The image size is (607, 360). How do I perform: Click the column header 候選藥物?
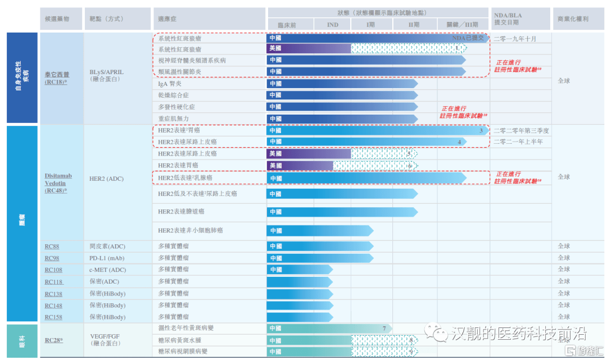tap(57, 19)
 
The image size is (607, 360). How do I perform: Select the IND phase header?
tap(333, 25)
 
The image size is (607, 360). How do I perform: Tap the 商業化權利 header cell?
tap(573, 19)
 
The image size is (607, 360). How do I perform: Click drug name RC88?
tap(52, 247)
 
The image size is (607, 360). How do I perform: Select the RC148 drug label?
tap(53, 306)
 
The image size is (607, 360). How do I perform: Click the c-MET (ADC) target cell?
tap(107, 270)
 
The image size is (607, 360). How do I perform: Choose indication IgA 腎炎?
tap(170, 84)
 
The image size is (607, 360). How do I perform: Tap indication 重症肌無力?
tap(174, 119)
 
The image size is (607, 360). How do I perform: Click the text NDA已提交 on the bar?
tap(468, 38)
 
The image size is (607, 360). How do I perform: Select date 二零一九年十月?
tap(515, 39)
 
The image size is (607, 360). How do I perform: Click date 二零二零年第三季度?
tap(521, 130)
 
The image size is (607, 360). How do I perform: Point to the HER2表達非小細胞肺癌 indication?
tap(191, 230)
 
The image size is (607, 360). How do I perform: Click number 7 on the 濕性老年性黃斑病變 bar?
tap(384, 329)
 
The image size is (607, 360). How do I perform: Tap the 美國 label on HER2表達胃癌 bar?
tap(275, 166)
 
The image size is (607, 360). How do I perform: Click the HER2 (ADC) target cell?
tap(106, 179)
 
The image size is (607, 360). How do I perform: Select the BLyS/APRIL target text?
tap(106, 72)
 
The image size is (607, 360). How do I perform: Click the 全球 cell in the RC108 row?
tap(564, 270)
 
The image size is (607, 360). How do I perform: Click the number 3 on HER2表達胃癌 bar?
tap(481, 131)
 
